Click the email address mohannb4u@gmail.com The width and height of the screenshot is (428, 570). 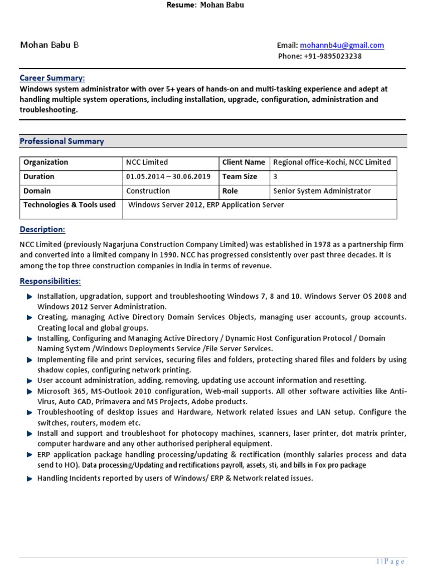tap(342, 46)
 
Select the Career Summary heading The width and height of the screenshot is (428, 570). tap(52, 78)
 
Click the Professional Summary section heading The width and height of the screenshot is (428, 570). tap(62, 141)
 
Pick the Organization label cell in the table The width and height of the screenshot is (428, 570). tap(46, 163)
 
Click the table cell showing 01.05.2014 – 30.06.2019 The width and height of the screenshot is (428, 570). tap(168, 177)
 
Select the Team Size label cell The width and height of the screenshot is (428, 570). tap(240, 177)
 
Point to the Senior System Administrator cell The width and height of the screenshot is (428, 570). tap(322, 191)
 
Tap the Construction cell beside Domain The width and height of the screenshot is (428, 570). tap(148, 191)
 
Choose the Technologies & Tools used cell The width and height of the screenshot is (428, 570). tap(69, 205)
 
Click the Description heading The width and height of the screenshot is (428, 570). tap(42, 229)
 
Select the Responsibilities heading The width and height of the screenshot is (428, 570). tap(50, 281)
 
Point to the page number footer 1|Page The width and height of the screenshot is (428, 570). tap(390, 562)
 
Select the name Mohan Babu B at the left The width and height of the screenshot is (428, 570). tap(49, 45)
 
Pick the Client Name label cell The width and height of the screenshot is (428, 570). tap(244, 163)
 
